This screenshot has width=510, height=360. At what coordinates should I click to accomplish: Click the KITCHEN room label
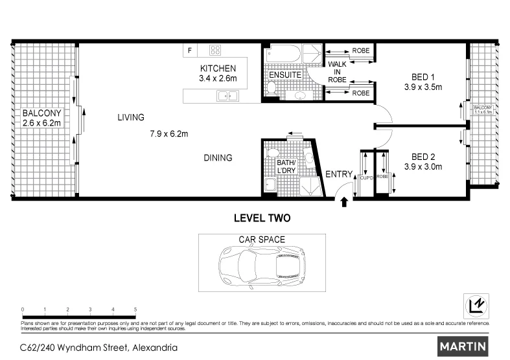tap(218, 68)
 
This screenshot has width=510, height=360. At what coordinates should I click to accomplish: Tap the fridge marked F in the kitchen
tap(190, 51)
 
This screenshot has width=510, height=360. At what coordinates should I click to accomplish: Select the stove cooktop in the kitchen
tap(214, 51)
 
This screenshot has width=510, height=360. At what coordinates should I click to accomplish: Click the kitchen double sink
tap(227, 96)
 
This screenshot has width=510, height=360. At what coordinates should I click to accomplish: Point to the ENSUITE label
tap(284, 75)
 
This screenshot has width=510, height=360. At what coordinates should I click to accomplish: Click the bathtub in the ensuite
tap(285, 53)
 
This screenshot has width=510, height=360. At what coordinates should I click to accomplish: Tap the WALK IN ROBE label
tap(337, 72)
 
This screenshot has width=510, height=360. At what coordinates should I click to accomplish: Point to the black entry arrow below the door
tap(344, 202)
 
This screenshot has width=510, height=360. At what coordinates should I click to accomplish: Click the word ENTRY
tap(338, 174)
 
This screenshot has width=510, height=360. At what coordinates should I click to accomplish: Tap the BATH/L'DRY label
tap(286, 166)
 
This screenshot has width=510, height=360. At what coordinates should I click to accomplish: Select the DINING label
tap(218, 157)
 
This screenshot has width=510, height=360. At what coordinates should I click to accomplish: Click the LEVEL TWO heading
tap(261, 219)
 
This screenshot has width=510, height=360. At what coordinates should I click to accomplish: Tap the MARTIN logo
tap(463, 346)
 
